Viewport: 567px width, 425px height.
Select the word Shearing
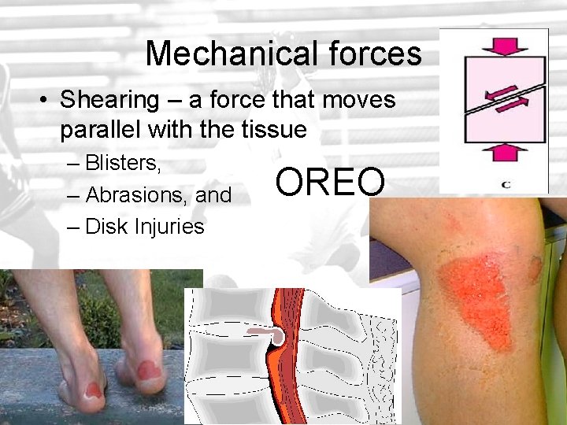click(x=109, y=100)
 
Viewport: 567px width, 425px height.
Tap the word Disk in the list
click(x=104, y=227)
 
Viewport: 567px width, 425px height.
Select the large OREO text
click(x=331, y=183)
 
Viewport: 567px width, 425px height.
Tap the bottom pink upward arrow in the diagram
click(x=494, y=152)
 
